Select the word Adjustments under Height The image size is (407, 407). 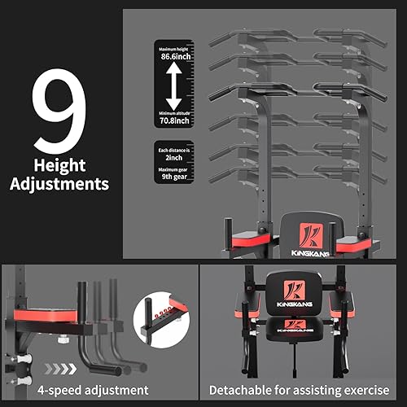(59, 183)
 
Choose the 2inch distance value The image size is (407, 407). (174, 160)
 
